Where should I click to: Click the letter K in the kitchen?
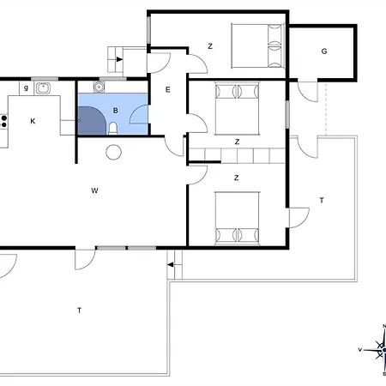pos(33,121)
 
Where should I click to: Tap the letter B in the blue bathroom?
pos(116,111)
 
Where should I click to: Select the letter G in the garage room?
pos(324,51)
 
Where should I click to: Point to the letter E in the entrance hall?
pos(168,90)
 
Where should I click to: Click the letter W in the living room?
pos(94,190)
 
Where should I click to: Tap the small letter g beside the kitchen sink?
pos(26,87)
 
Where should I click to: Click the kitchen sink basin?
pos(43,87)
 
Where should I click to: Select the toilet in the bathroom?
pos(113,129)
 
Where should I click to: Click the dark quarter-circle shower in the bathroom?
pos(92,120)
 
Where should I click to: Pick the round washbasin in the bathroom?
pos(99,87)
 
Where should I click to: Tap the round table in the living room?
pos(113,152)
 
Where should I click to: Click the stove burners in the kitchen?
pos(3,121)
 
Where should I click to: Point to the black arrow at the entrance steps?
pos(119,59)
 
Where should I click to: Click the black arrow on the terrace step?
pos(170,265)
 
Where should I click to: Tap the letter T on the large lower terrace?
pos(79,311)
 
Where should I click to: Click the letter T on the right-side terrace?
pos(322,200)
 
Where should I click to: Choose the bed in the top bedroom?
pos(258,46)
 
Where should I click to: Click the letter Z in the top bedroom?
pos(210,46)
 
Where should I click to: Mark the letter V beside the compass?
pos(360,350)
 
